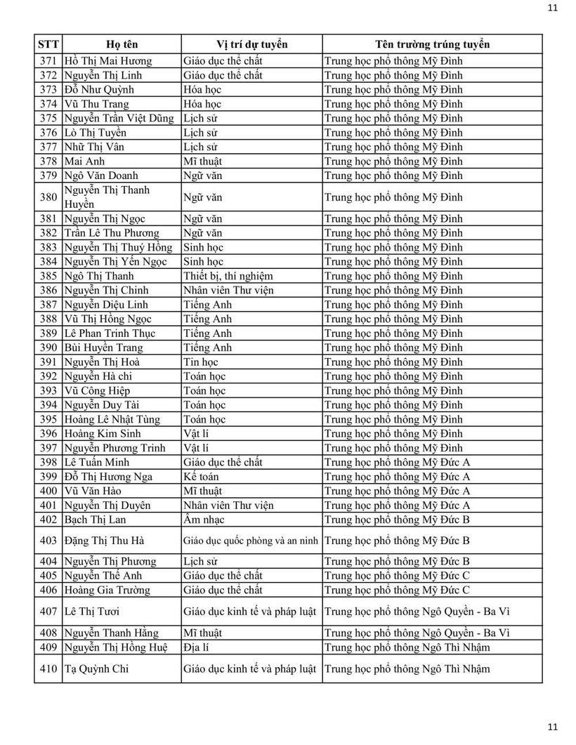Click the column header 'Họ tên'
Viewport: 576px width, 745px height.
[122, 44]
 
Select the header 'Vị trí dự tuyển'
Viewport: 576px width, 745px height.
[251, 44]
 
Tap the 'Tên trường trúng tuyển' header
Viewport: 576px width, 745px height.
[432, 44]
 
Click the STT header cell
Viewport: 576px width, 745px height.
[48, 44]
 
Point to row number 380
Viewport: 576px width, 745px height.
[48, 197]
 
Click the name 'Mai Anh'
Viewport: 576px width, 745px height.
[84, 161]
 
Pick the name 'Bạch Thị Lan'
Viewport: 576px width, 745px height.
[95, 520]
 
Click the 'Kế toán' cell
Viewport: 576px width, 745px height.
[201, 477]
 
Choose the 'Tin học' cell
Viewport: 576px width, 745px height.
[201, 362]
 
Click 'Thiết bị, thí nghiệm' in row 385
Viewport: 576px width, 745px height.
[228, 276]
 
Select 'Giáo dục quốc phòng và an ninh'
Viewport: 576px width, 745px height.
[251, 541]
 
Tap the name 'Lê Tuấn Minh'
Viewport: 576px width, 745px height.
[97, 462]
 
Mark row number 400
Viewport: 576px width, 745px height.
[48, 491]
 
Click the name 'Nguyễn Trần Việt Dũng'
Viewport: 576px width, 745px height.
[119, 118]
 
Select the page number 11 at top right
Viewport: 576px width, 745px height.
[552, 8]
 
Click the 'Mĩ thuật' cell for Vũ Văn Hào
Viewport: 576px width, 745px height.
[202, 491]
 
